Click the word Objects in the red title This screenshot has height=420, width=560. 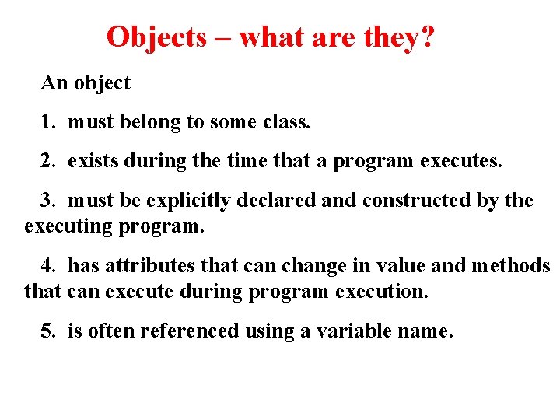click(x=156, y=37)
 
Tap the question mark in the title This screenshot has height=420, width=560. click(x=426, y=37)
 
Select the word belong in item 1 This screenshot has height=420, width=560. click(x=147, y=122)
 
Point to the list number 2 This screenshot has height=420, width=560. click(x=47, y=162)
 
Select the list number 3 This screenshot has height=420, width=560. click(x=47, y=201)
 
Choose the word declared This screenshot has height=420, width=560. click(x=278, y=201)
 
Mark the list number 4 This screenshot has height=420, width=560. click(x=47, y=266)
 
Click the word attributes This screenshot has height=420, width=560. click(x=150, y=266)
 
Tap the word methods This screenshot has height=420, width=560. click(x=511, y=266)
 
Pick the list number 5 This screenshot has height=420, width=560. click(x=47, y=331)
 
